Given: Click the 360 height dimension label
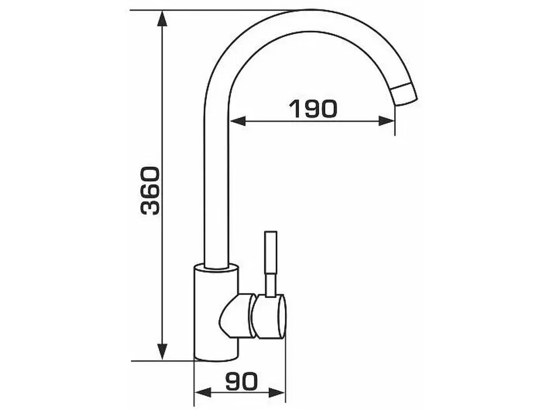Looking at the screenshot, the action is point(151,190).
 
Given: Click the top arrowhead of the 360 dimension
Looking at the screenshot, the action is point(162,19).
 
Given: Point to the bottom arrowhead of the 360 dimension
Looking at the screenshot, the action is point(162,352).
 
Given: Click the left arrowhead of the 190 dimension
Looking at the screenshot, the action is point(237,121).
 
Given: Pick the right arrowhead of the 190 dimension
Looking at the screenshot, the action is point(386,121).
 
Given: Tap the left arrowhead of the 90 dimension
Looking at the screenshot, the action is point(202,393).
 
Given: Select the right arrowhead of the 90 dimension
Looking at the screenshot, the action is point(277,393).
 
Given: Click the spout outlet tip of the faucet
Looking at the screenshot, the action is point(404,93).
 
